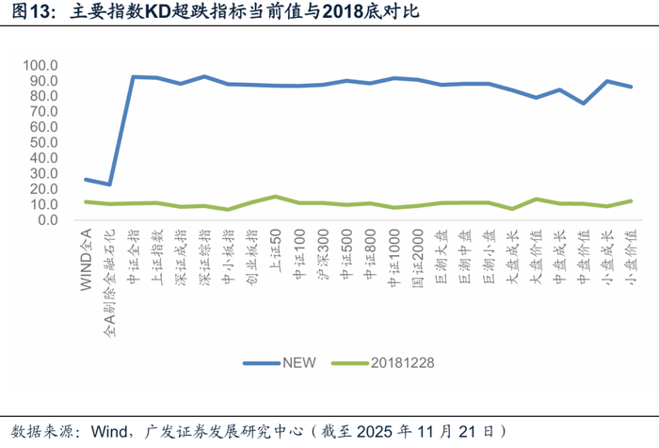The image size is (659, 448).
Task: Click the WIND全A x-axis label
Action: tap(86, 254)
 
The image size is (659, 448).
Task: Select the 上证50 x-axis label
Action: tap(275, 247)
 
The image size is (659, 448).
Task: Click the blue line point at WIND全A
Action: tap(86, 179)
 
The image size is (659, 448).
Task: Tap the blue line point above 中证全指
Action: tap(133, 77)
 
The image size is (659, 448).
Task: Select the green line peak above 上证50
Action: tap(275, 197)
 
